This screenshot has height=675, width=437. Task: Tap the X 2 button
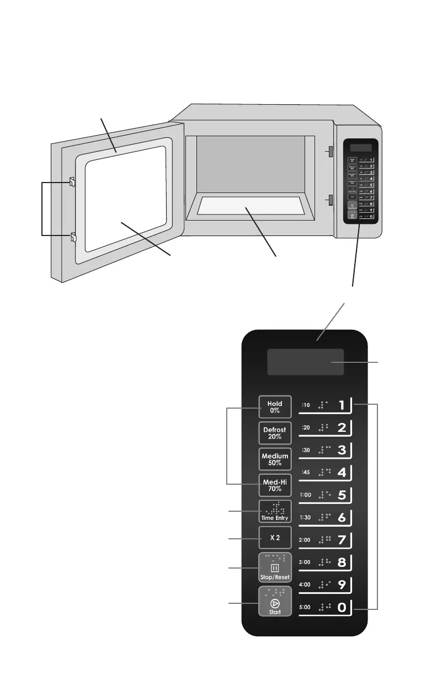pos(275,537)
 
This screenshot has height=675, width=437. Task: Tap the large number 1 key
pos(342,405)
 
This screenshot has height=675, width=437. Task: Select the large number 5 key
pos(342,495)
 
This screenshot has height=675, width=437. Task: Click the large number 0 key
pos(342,608)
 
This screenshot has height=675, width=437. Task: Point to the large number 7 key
pos(342,540)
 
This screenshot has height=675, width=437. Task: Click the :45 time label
pos(306,472)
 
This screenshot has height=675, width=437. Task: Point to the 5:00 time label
pos(306,607)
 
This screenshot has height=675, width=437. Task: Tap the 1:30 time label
pos(306,517)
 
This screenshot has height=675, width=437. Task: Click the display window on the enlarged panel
pos(313,362)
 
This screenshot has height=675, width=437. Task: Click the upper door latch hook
pos(72,182)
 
